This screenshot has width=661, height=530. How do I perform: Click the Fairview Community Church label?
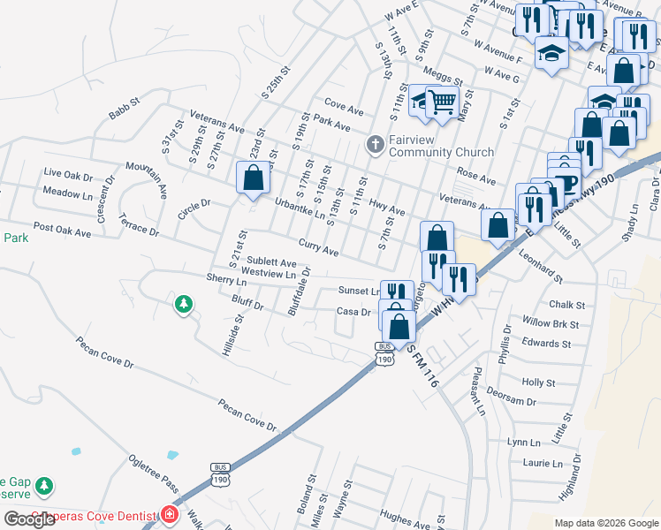[430, 145]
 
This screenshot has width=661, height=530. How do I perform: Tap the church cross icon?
[375, 144]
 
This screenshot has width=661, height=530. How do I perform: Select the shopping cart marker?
[441, 102]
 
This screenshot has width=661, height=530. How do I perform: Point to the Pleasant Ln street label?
[480, 392]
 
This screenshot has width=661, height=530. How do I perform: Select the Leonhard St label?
[541, 268]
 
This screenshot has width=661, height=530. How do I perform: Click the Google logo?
[29, 519]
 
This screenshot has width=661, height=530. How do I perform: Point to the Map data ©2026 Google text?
[605, 523]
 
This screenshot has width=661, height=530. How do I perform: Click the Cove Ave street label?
[344, 110]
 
